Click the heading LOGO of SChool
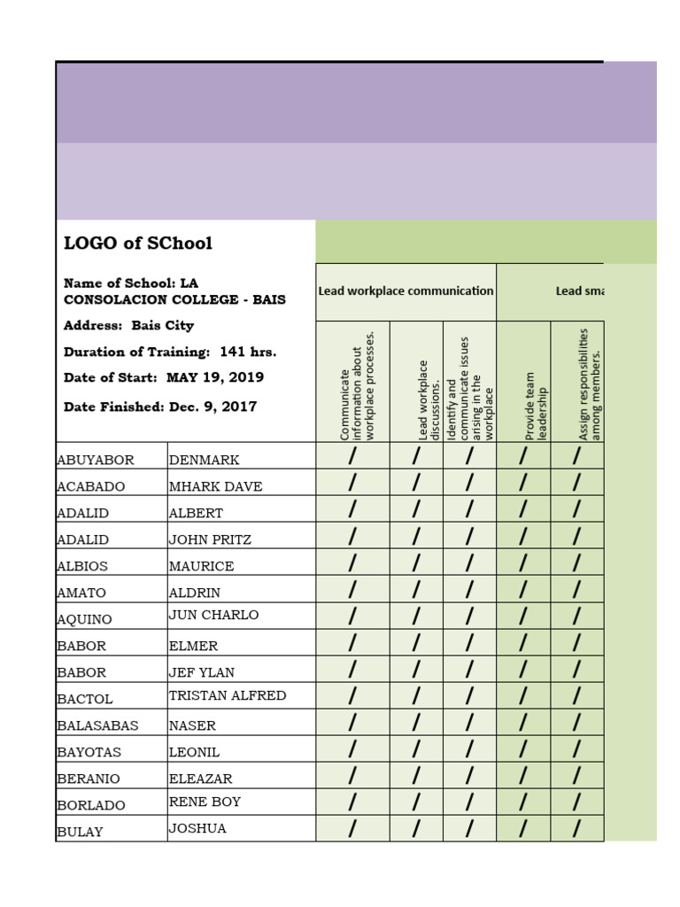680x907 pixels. click(137, 244)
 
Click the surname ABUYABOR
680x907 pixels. click(96, 460)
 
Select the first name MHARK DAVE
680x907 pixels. click(215, 486)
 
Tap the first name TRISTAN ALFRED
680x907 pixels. click(228, 695)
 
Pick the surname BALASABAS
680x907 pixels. click(98, 725)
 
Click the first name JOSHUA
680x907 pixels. click(197, 828)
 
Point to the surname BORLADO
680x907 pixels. click(91, 805)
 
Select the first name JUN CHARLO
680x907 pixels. click(213, 615)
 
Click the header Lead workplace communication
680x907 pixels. click(406, 291)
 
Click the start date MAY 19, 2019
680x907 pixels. click(215, 377)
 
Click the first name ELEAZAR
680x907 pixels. click(203, 779)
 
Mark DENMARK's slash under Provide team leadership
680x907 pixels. click(523, 456)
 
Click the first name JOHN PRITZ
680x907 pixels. click(210, 539)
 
